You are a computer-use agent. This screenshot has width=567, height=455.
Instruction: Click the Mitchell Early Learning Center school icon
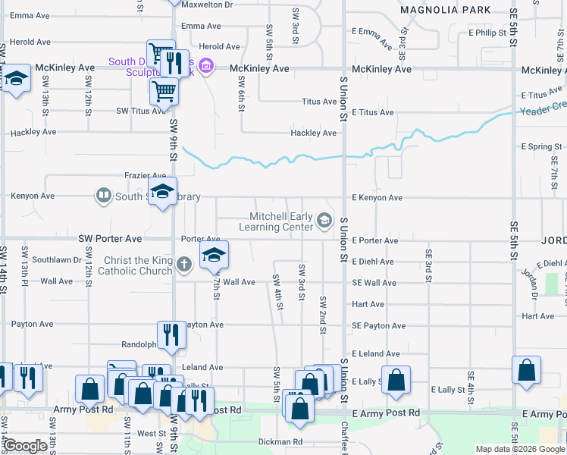[324, 221]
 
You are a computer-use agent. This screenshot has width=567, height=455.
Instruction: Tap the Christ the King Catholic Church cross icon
[183, 265]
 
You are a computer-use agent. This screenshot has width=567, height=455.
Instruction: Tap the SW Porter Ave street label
[110, 239]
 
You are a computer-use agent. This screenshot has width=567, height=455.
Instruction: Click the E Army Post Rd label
[387, 413]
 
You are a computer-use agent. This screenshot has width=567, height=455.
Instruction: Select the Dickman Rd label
[280, 441]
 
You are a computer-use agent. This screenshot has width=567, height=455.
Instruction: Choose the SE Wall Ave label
[374, 283]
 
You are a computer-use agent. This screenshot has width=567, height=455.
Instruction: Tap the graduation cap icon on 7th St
[214, 256]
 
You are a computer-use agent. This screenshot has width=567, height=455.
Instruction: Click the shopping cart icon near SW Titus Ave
[164, 92]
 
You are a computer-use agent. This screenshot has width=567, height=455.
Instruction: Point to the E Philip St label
[487, 33]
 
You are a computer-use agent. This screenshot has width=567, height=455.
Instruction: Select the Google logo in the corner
[26, 446]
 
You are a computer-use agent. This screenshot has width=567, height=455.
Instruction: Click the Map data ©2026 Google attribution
[519, 449]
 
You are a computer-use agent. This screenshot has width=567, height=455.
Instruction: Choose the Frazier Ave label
[145, 176]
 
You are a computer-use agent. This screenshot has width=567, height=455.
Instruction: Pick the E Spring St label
[541, 146]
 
